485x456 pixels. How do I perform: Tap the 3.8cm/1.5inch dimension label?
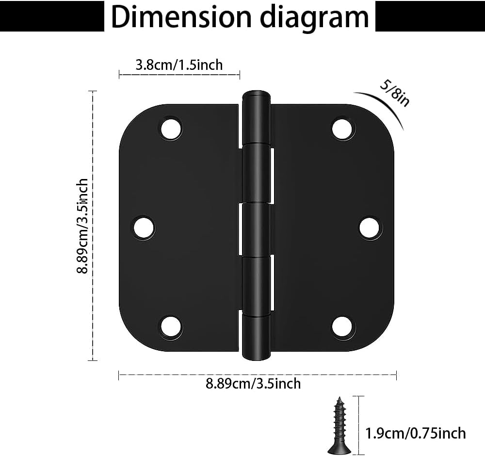point(179,65)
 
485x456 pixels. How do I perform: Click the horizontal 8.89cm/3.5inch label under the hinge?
point(253,384)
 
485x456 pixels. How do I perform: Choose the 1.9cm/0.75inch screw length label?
point(416,433)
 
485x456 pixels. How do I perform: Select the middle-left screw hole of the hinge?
point(144,227)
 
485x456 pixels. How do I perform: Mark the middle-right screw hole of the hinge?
point(371,227)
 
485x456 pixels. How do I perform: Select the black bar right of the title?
point(430,16)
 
